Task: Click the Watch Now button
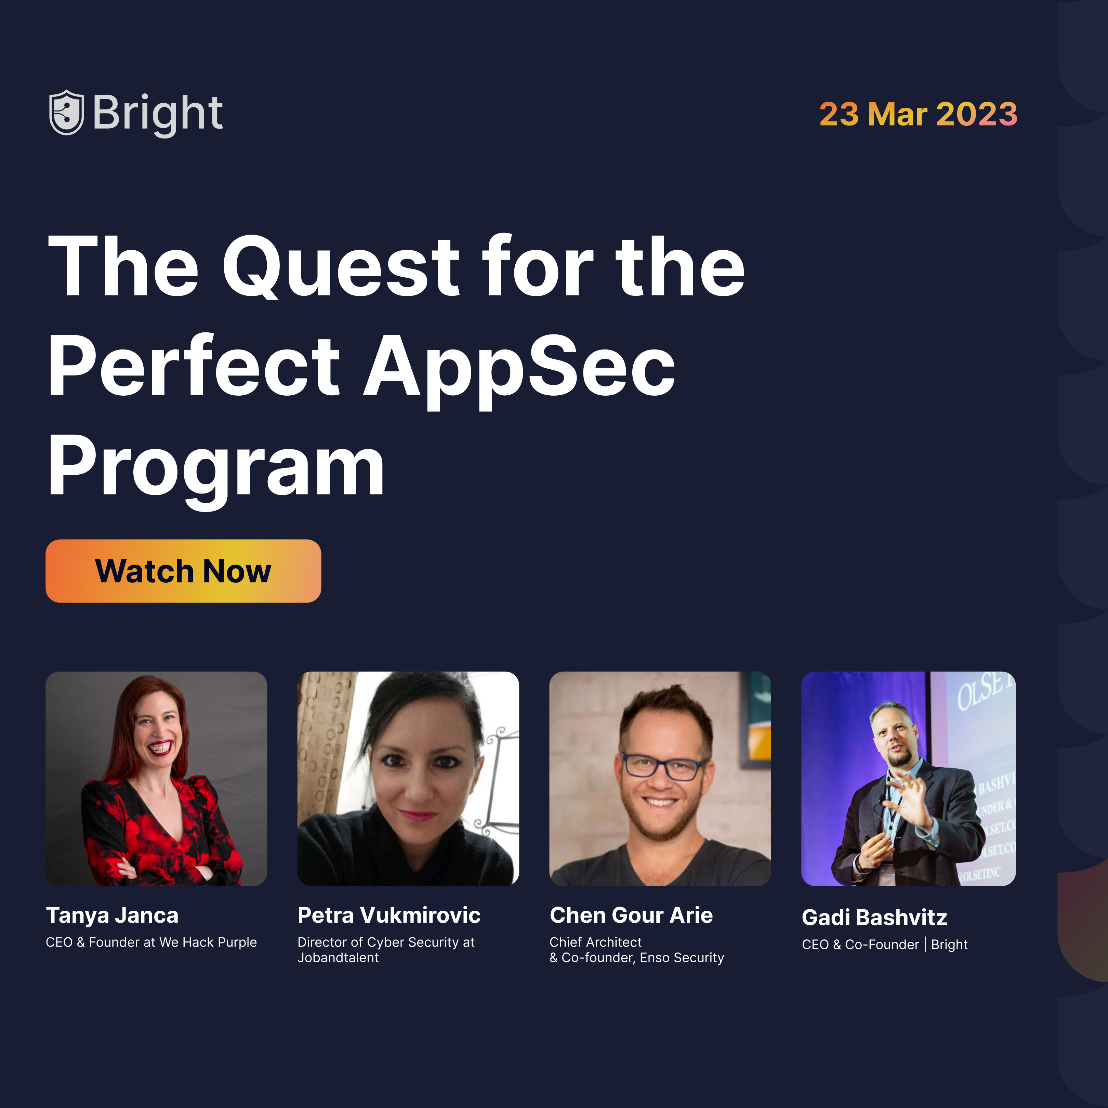tap(183, 571)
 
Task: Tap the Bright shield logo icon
tap(67, 113)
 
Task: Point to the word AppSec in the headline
tap(519, 367)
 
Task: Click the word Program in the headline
tap(216, 466)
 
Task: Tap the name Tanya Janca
tap(113, 915)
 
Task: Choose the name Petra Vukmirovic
tap(389, 915)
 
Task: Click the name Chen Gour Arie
tap(631, 915)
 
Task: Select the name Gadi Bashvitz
tap(874, 918)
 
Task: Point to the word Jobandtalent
tap(338, 958)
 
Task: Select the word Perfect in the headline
tap(194, 367)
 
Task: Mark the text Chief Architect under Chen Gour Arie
tap(595, 942)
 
